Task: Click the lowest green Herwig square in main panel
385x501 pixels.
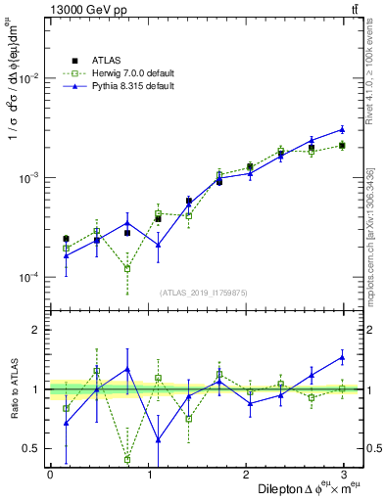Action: coord(127,268)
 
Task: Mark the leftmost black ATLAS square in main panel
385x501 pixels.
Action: coord(66,239)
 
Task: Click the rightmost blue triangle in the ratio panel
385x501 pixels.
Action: coord(342,357)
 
